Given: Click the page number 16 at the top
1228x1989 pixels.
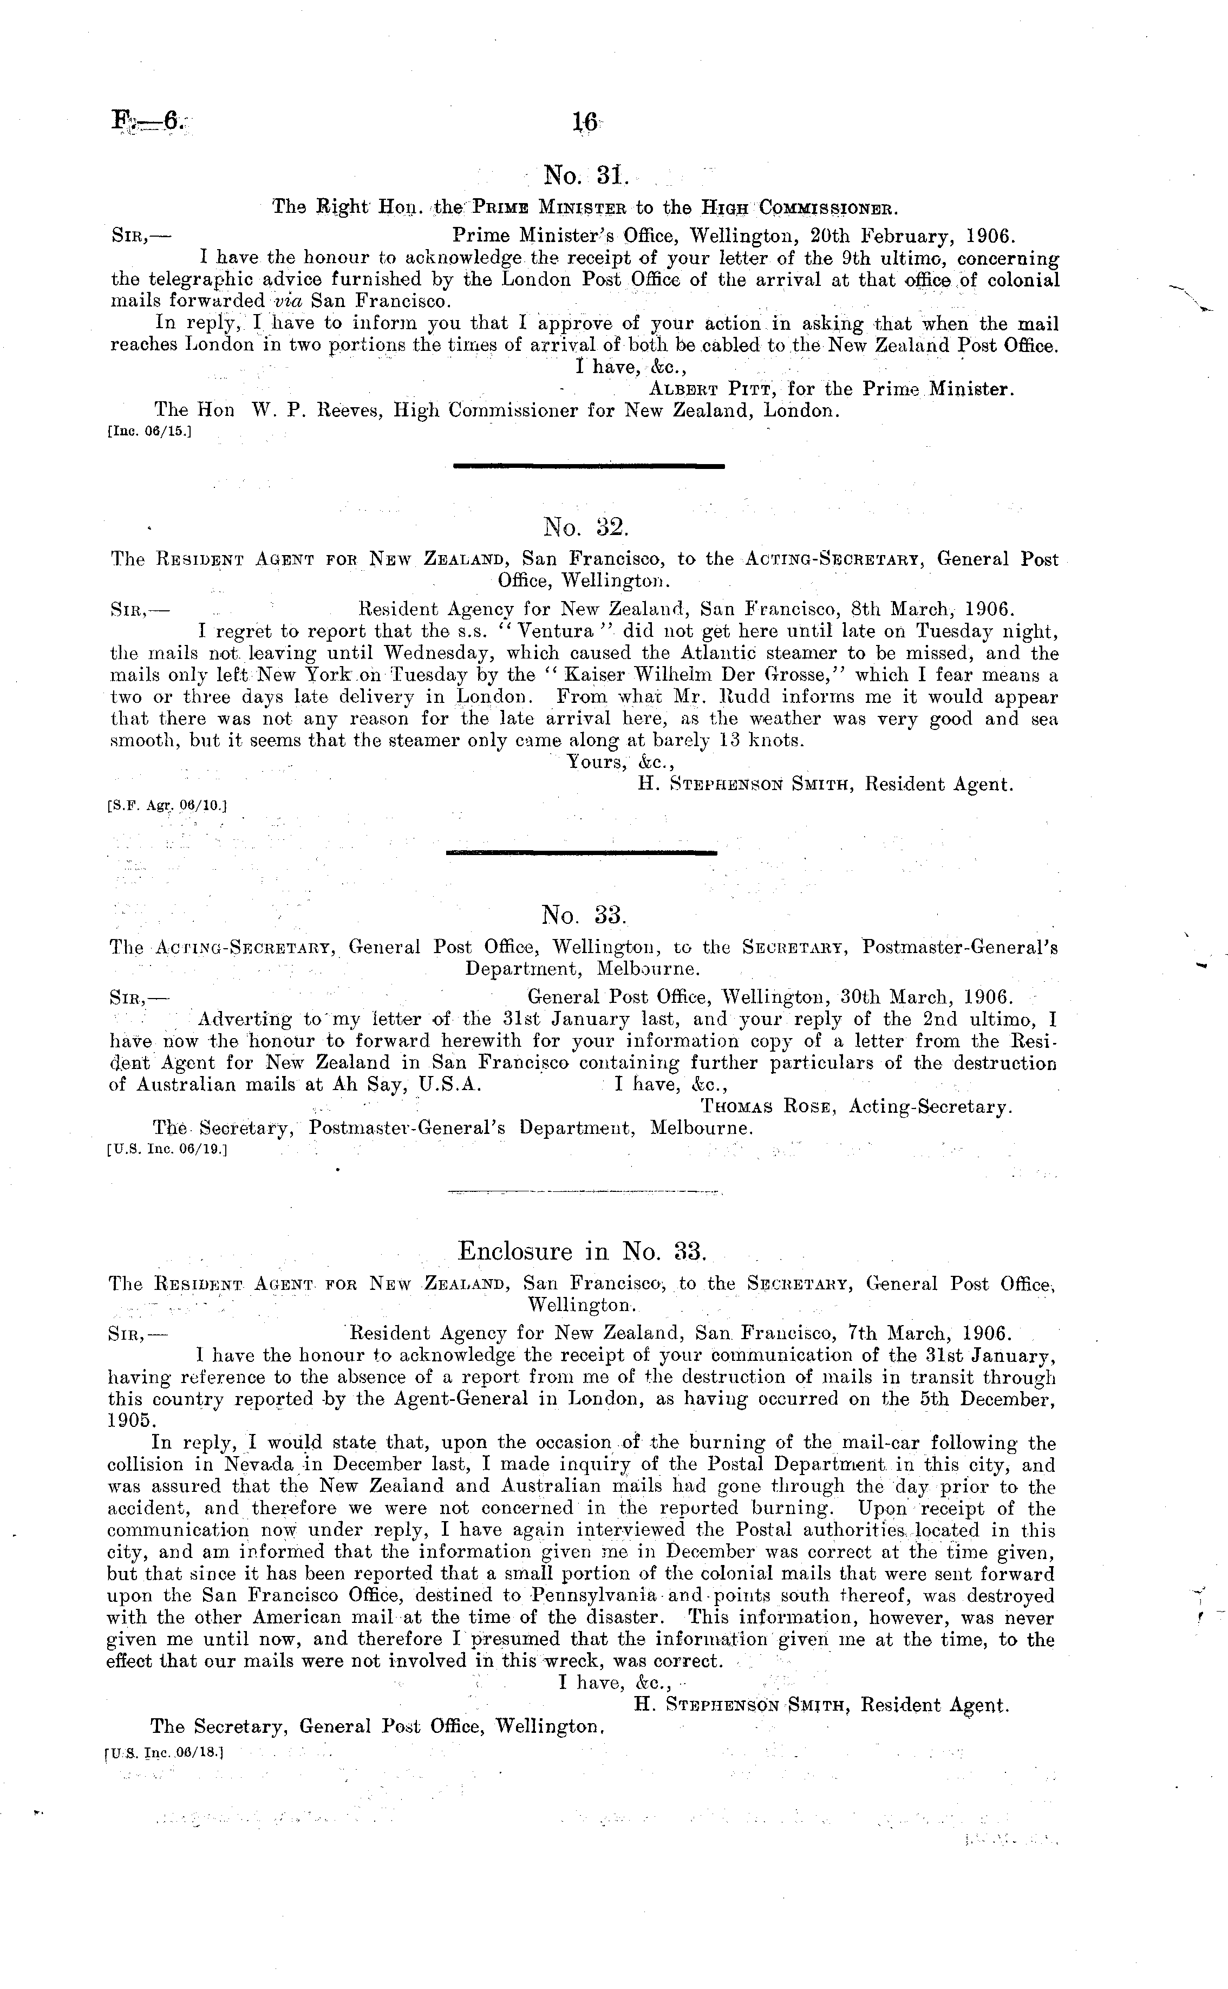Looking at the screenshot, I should click(x=585, y=122).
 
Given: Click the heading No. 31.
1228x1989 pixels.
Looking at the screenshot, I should click(x=585, y=174).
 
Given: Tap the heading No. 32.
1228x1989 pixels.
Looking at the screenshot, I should click(x=585, y=528).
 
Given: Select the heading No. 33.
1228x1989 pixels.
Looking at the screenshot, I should click(x=585, y=915).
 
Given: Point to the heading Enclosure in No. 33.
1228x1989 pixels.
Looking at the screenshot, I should click(x=583, y=1251).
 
